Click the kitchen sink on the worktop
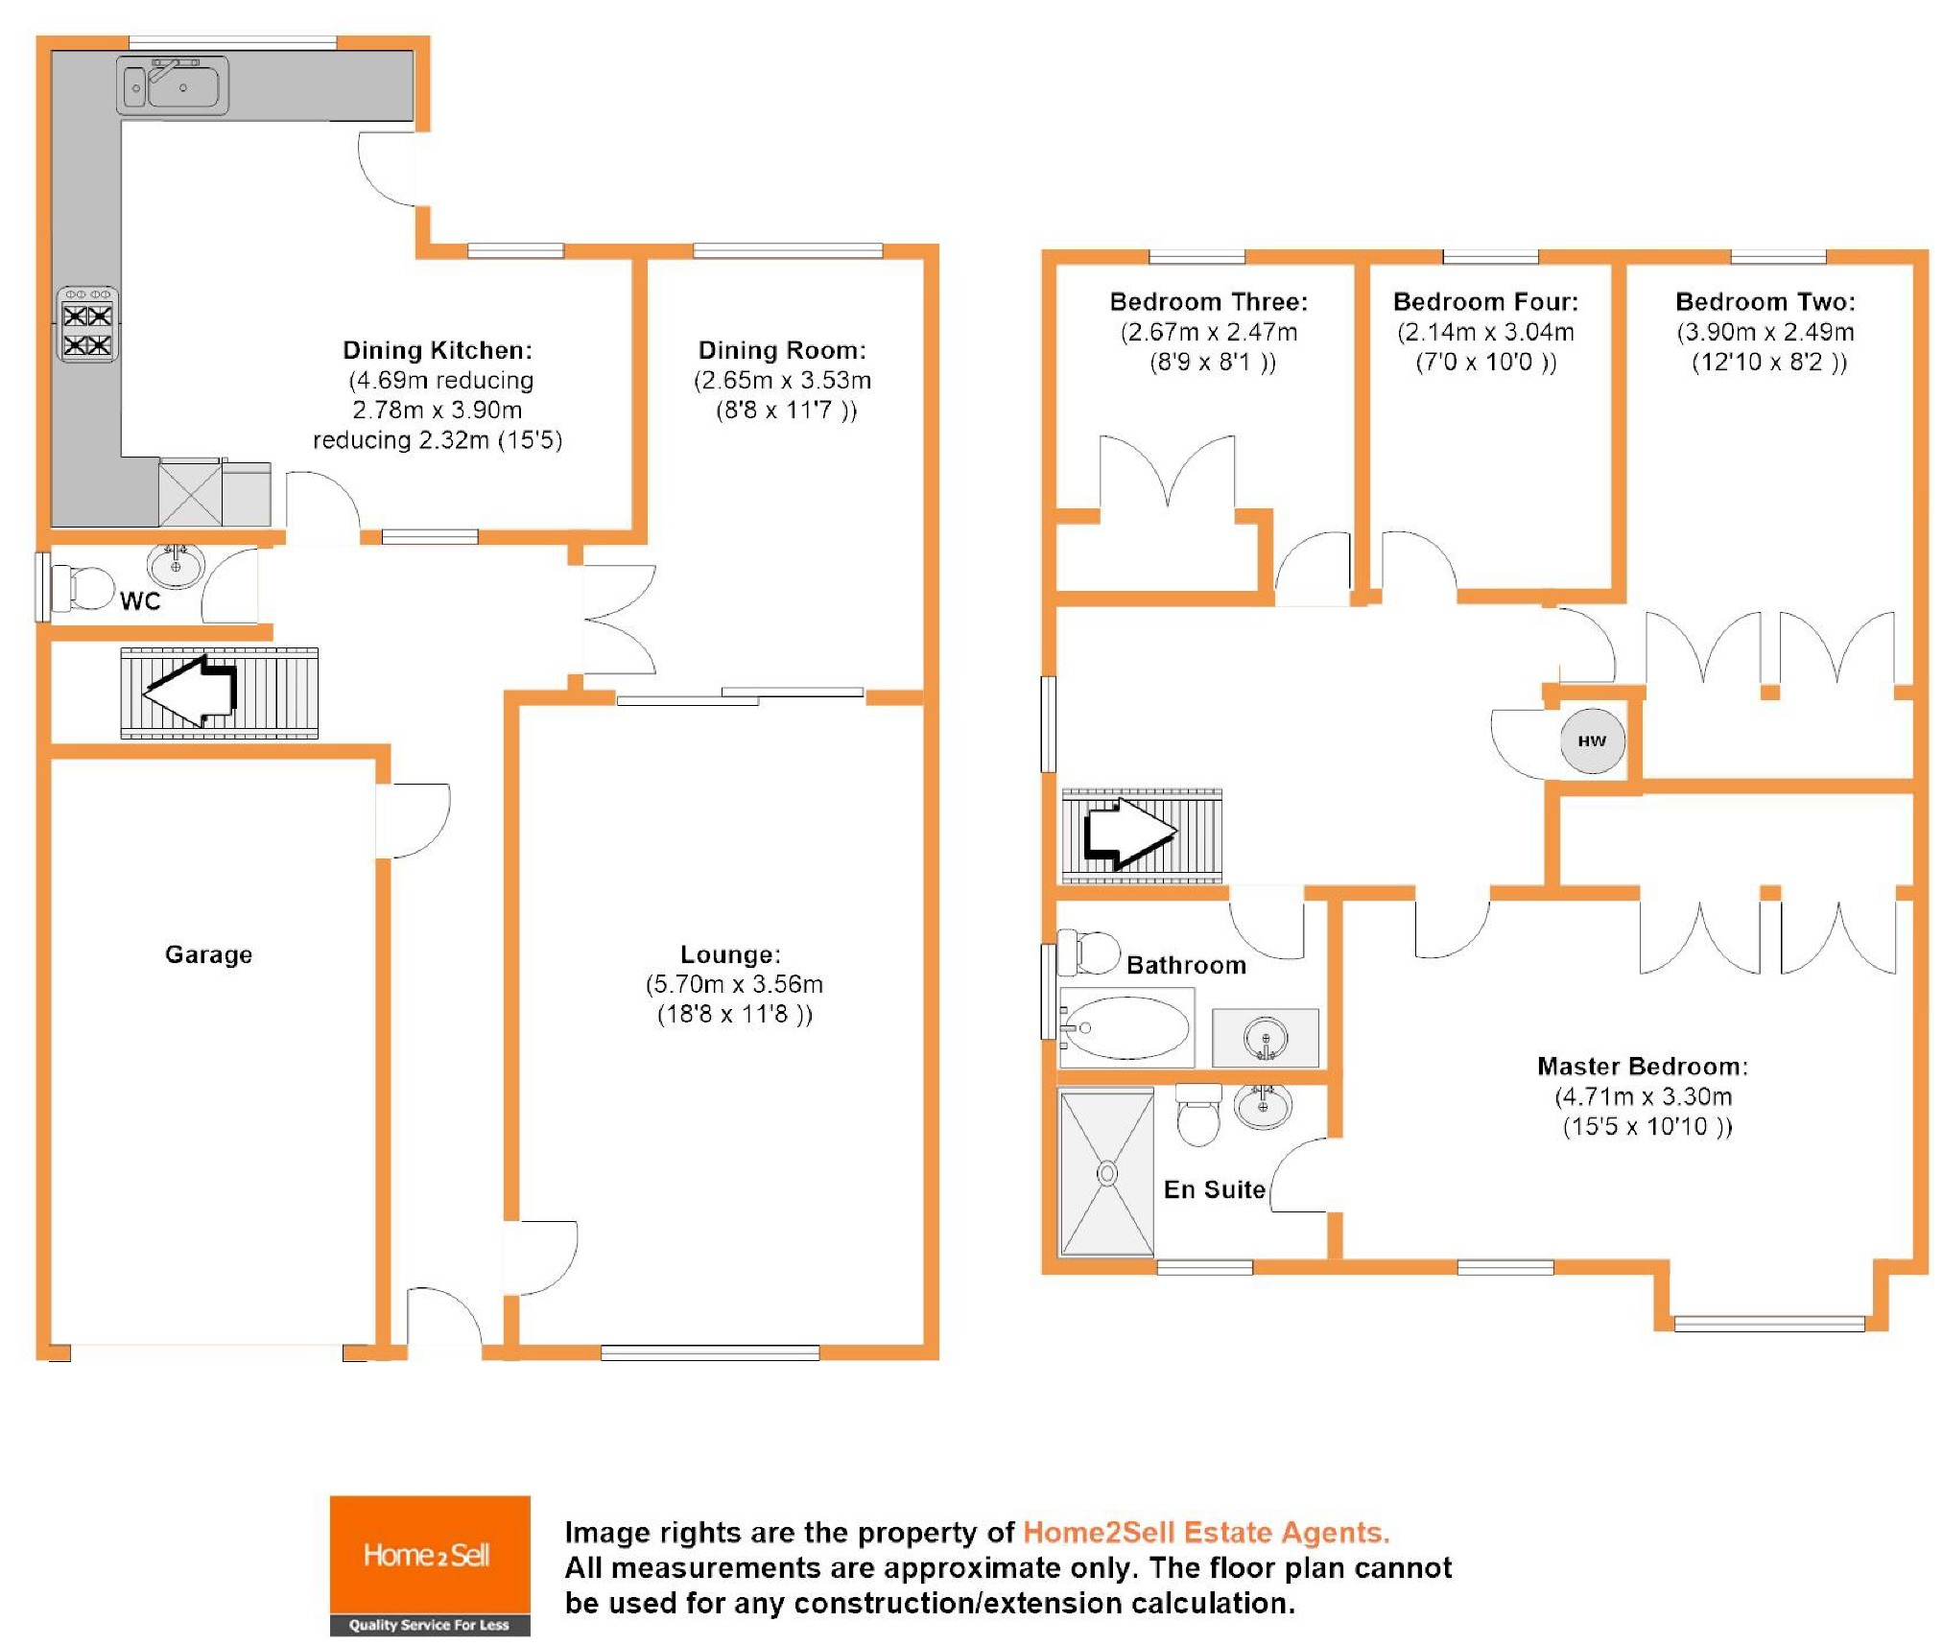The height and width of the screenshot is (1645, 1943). pos(173,85)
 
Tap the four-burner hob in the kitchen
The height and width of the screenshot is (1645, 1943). pos(87,326)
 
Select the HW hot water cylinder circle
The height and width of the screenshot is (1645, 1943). pos(1592,740)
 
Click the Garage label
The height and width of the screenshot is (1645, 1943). pos(208,954)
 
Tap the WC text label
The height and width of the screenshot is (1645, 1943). pos(140,601)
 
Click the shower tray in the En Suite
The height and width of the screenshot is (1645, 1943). pos(1106,1172)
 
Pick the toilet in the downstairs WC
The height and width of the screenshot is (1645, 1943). pos(84,588)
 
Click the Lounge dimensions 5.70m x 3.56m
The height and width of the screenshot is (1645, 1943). pos(734,984)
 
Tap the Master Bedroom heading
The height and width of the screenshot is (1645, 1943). pos(1643,1067)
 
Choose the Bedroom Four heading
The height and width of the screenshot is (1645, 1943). pos(1485,302)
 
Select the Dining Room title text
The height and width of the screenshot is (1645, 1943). pos(782,350)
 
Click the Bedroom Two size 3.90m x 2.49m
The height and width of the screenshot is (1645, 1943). pos(1765,332)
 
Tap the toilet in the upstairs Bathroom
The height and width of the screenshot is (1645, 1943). pos(1091,952)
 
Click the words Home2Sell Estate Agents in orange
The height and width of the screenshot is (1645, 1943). pos(1206,1532)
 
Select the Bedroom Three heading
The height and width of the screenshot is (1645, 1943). pos(1209,302)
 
